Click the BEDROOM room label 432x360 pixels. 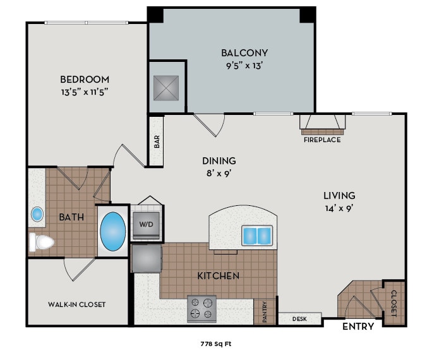tap(85, 80)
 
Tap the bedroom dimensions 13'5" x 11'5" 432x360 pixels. tap(85, 91)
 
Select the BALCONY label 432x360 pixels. tap(244, 53)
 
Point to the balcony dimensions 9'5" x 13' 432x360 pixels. tap(244, 64)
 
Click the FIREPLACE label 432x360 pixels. tap(322, 140)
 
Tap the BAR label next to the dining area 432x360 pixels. tap(156, 141)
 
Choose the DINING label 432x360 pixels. tap(219, 160)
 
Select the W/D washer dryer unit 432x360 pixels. tap(147, 224)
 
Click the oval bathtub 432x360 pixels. tap(113, 231)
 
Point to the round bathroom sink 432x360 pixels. tap(37, 214)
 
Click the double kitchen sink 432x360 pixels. tap(257, 236)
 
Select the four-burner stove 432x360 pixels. tap(201, 309)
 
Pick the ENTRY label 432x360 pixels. tap(358, 327)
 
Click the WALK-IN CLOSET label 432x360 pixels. tap(77, 304)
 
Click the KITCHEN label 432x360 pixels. tap(219, 276)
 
